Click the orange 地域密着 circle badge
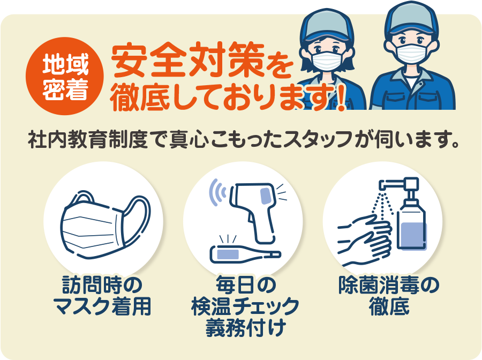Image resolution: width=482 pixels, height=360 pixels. (65, 76)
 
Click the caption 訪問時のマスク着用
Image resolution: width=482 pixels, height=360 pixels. (102, 296)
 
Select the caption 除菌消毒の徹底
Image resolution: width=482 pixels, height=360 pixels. (389, 295)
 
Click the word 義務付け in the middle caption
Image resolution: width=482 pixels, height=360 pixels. (246, 327)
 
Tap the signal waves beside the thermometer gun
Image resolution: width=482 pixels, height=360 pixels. (217, 192)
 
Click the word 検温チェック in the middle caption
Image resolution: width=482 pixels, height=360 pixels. (245, 306)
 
